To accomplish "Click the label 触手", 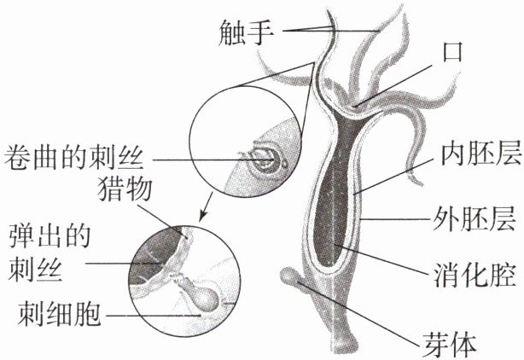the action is click(x=247, y=33).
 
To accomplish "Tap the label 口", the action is click(x=450, y=52).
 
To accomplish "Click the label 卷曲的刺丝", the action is click(x=81, y=158).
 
